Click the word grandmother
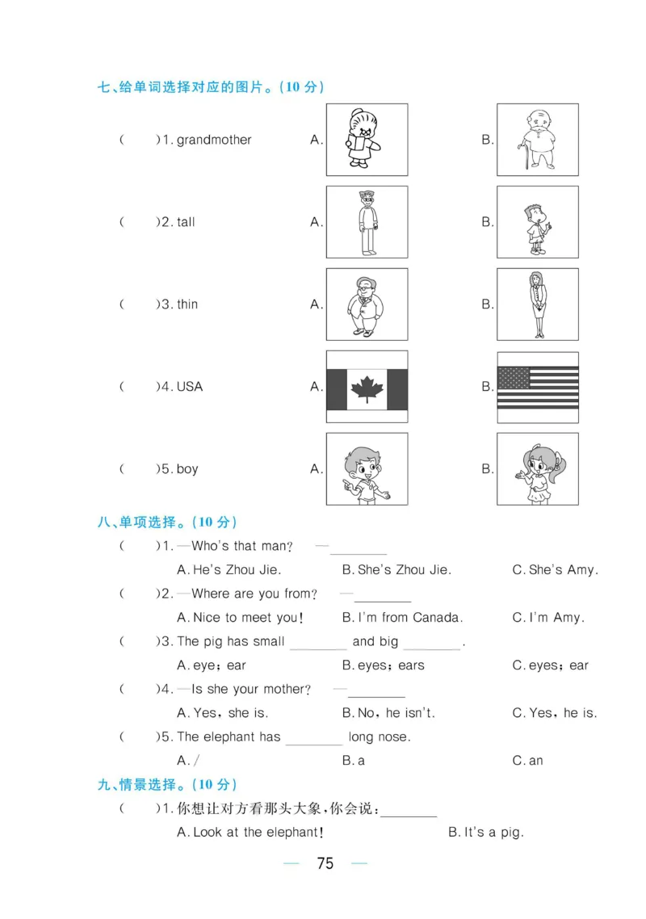coord(214,140)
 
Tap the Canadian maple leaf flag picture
coord(367,387)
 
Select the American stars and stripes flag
coord(538,387)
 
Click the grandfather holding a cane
coord(538,140)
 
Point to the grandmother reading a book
coord(367,140)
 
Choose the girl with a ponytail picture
coord(538,469)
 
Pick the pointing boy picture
coord(367,469)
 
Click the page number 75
coord(325,863)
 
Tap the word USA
coord(189,387)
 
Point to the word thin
coord(187,304)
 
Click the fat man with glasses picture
coord(367,304)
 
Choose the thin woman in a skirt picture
coord(538,304)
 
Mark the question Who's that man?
coord(242,546)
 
